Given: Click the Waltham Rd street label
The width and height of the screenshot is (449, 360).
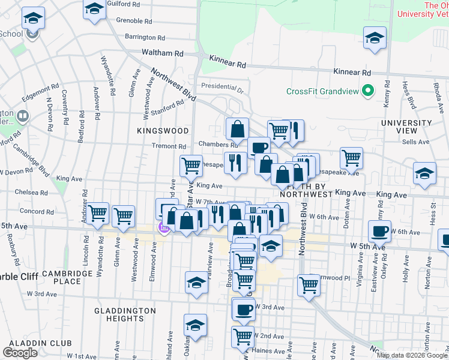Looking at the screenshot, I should coord(162,53).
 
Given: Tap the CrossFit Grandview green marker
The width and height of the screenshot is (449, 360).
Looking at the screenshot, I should coord(370,91).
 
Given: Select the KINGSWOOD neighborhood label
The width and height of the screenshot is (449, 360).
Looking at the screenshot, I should coord(163,130).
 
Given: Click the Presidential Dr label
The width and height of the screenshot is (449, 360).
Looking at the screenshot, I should coord(222,88).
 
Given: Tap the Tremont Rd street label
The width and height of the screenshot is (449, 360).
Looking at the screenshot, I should coord(169,146).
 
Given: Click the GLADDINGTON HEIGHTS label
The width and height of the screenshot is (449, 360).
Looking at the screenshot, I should coord(125,314).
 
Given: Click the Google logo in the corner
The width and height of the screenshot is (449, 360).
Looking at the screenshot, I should coord(20,353).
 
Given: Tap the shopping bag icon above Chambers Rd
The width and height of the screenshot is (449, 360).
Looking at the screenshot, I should coord(238,128).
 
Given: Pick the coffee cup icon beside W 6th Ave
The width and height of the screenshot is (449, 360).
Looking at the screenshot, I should coord(379,231).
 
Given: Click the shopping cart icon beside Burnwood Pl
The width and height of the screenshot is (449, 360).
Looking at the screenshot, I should coord(309,285).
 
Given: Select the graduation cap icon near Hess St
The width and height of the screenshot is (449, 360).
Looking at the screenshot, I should coord(424,173).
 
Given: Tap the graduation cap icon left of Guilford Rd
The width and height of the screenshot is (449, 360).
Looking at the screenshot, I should coord(94,10).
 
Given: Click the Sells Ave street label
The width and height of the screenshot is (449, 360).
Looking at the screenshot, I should coord(419,142).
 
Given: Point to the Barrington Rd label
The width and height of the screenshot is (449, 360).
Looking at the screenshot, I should coord(145,37).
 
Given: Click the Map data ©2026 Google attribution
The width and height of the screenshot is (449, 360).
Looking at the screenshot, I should coord(412,355).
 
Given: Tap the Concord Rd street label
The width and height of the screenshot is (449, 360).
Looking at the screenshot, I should coord(32,211).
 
